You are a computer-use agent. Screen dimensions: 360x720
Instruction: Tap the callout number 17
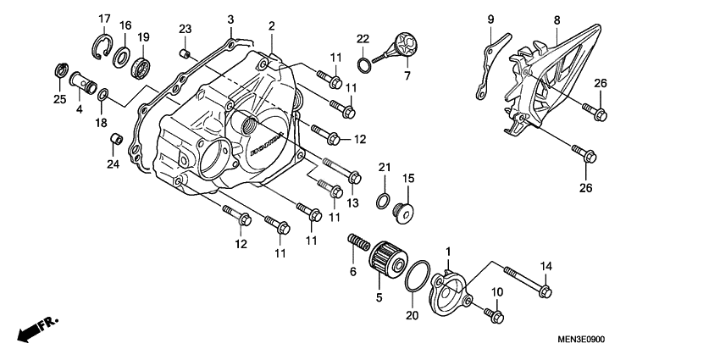point(104,19)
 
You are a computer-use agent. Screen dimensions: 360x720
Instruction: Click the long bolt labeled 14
point(523,280)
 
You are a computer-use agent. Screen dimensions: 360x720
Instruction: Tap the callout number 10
point(496,292)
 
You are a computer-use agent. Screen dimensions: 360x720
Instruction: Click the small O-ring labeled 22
point(363,62)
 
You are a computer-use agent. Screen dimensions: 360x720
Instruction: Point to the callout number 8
point(557,19)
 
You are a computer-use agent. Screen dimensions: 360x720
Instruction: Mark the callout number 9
point(490,19)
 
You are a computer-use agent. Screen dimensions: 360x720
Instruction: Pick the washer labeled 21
point(383,200)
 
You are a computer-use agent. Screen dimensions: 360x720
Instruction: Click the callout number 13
point(352,202)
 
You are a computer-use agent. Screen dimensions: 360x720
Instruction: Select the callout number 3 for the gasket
point(230,19)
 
